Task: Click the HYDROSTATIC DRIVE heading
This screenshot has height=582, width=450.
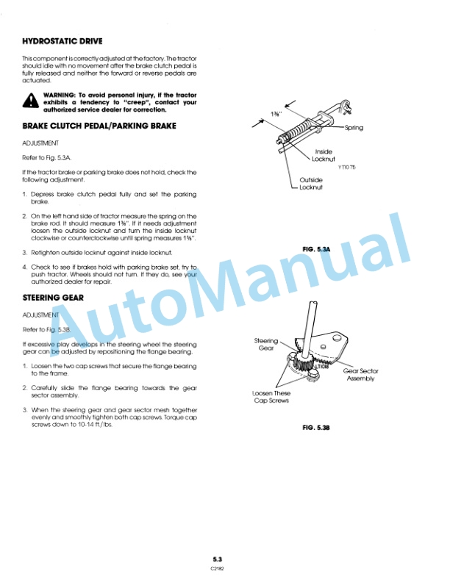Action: pyautogui.click(x=63, y=41)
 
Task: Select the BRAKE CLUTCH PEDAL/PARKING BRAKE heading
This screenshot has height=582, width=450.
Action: pyautogui.click(x=99, y=126)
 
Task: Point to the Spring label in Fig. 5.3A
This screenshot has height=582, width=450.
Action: pyautogui.click(x=354, y=128)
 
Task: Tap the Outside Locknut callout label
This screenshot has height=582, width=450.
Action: pyautogui.click(x=311, y=183)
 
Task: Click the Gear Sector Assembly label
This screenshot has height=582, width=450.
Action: pyautogui.click(x=360, y=375)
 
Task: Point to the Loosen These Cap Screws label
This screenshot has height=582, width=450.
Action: pyautogui.click(x=271, y=397)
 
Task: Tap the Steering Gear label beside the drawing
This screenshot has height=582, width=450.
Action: pyautogui.click(x=265, y=344)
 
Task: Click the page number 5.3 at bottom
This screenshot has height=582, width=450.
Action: pyautogui.click(x=218, y=559)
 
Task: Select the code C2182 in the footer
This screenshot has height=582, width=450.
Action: pyautogui.click(x=218, y=568)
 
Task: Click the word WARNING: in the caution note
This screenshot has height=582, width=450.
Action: pyautogui.click(x=60, y=96)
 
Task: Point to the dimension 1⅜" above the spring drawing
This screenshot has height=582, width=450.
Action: pyautogui.click(x=276, y=115)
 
